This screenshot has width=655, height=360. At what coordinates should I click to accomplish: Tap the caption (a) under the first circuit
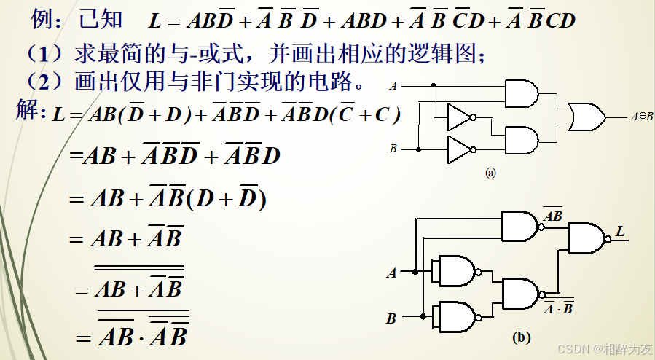point(490,173)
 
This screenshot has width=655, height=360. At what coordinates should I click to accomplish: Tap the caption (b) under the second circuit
point(521,337)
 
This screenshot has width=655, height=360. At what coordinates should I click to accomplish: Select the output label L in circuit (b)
point(620,232)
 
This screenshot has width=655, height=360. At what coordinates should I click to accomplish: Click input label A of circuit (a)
point(393,86)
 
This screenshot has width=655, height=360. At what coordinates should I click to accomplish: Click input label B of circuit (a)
point(393,149)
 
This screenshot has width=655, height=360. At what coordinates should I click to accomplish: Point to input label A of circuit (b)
point(392,273)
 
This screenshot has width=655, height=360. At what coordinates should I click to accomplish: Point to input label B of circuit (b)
point(391,318)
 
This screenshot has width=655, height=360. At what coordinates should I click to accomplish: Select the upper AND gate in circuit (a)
point(521,93)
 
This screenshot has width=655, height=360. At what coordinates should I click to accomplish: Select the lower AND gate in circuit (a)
point(521,138)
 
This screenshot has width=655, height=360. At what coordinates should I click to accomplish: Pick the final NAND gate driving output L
point(587,238)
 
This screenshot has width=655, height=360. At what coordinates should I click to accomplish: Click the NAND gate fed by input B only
point(455,316)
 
